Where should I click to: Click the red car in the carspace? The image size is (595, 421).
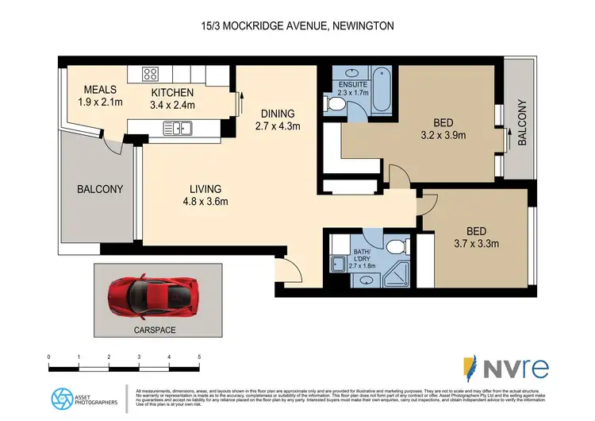click(x=153, y=293)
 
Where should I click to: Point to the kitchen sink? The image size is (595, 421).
click(x=177, y=126)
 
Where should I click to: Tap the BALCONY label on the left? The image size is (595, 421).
click(x=99, y=189)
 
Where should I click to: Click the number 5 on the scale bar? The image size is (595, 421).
click(x=200, y=357)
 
